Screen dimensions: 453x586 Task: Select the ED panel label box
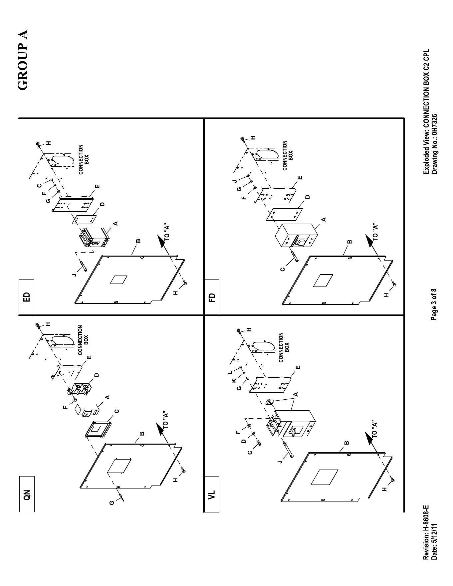pos(27,297)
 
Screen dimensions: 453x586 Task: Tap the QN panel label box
pos(27,494)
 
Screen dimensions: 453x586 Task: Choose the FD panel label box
pos(212,297)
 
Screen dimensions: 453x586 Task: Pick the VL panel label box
pos(212,494)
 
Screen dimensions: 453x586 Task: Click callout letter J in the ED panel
pos(75,275)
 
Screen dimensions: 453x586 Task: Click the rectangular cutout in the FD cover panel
pos(323,280)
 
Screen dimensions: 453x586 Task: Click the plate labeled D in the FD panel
pos(285,215)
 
